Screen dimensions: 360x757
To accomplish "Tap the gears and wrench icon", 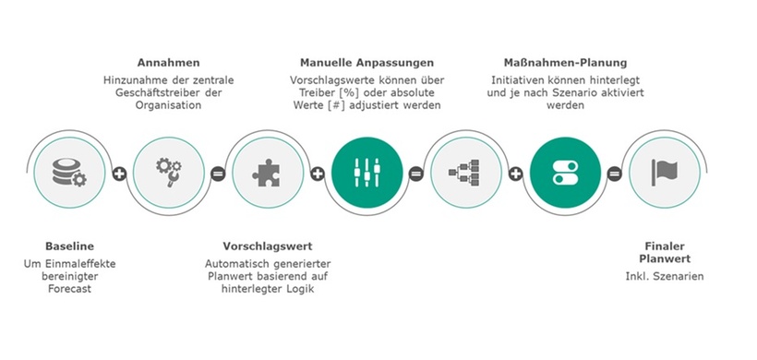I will [x=169, y=172].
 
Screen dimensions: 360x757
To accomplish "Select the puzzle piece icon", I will [x=268, y=172].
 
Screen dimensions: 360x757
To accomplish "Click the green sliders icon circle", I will [x=366, y=172].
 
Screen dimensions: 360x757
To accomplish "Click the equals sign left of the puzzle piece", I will [x=219, y=173].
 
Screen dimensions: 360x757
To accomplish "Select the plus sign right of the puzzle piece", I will [x=318, y=173].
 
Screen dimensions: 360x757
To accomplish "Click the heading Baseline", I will [x=69, y=246].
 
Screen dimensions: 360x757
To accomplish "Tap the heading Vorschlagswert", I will [x=268, y=246].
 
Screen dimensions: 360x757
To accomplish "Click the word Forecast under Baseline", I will [x=69, y=289].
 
